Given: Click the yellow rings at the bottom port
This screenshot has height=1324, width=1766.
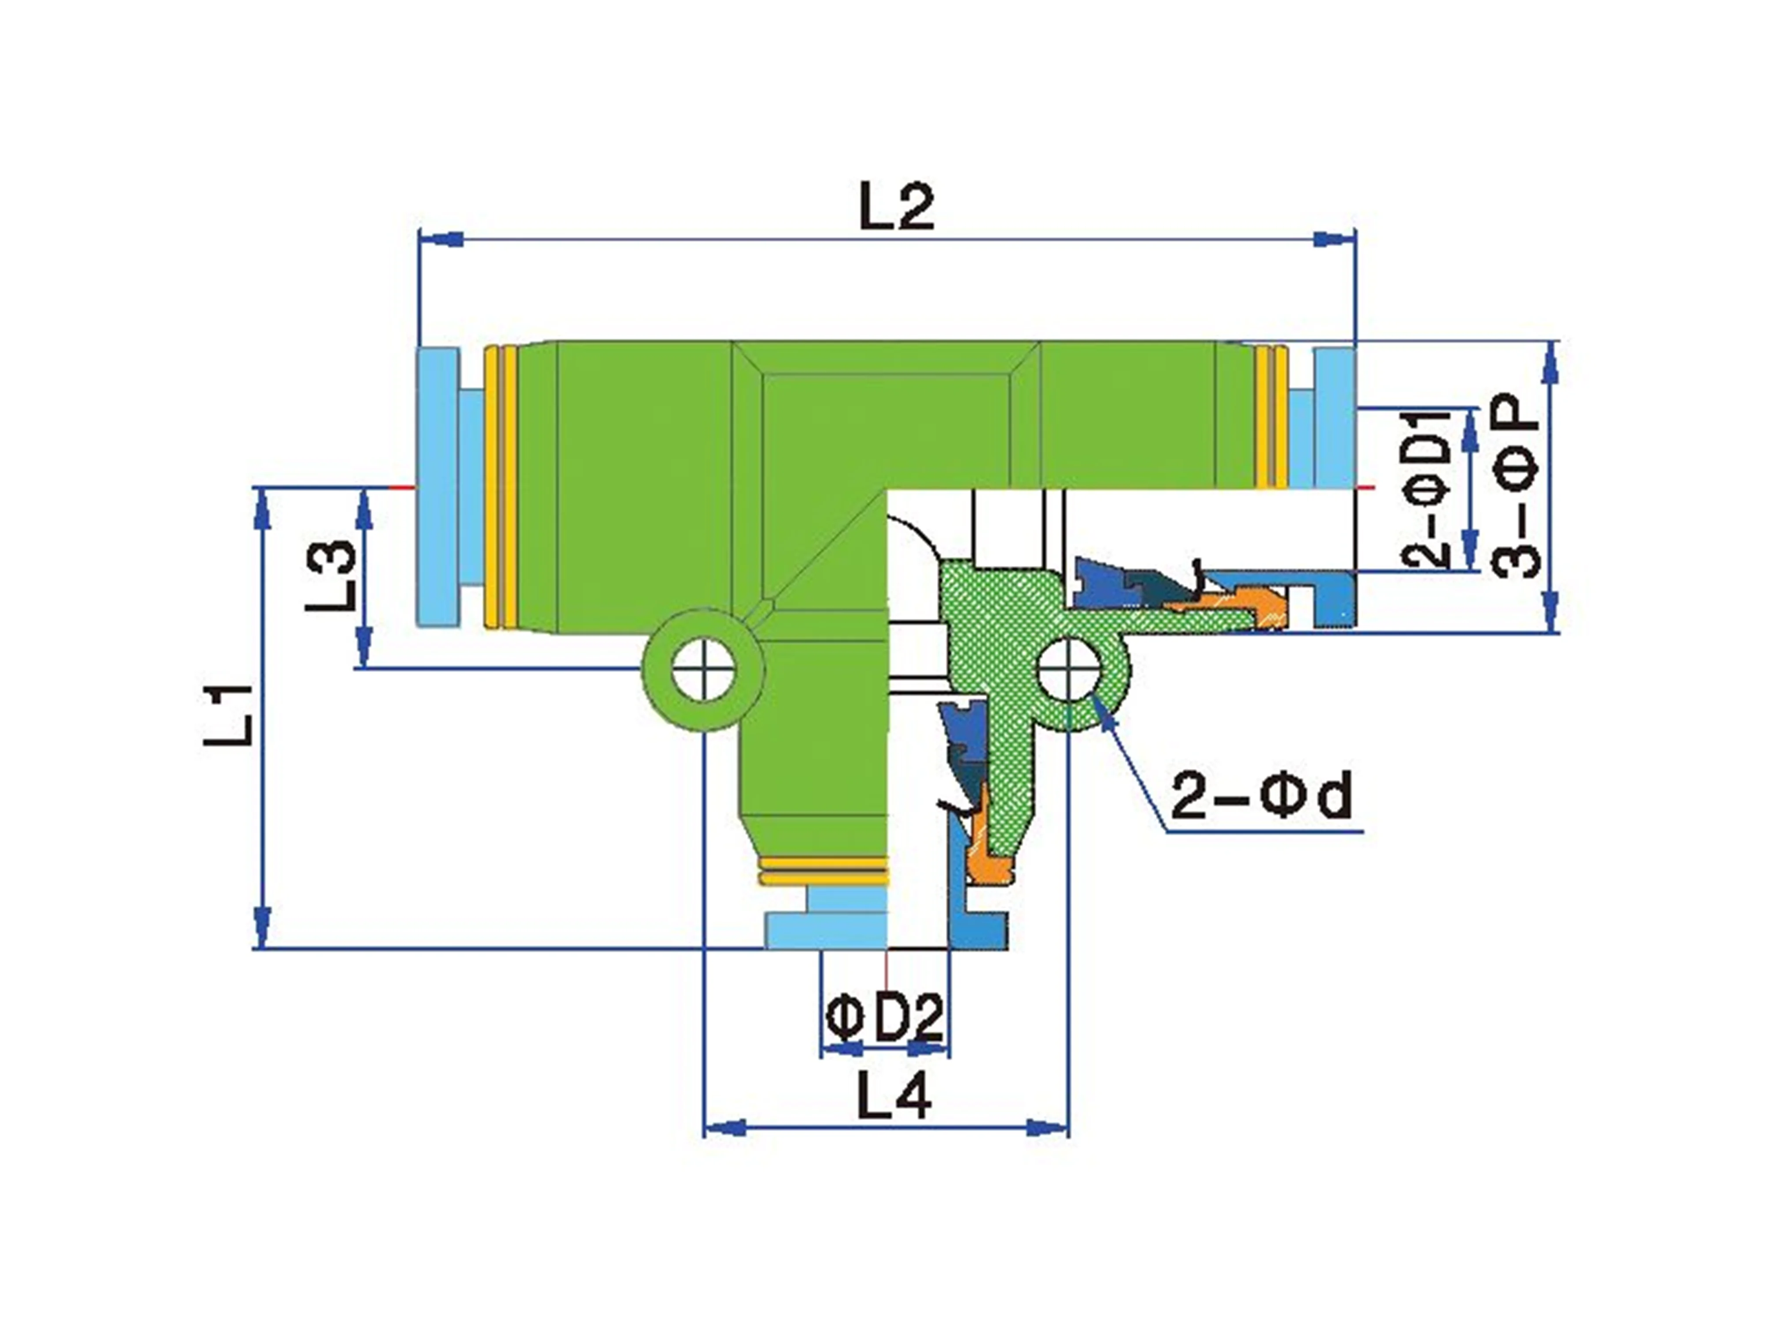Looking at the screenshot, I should pos(823,872).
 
